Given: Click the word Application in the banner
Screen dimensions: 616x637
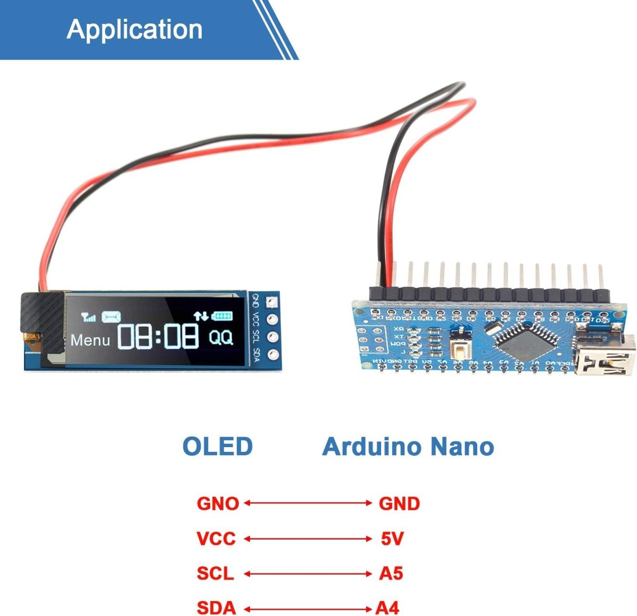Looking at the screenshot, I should point(135,29).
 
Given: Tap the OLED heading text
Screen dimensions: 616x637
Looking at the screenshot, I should point(218,447).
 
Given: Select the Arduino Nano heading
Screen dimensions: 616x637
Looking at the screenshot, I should point(408,447).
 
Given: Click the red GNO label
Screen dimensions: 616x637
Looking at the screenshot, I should point(218,503).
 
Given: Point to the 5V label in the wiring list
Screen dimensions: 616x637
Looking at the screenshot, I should point(392,539).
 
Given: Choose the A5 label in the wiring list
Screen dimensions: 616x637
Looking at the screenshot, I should point(391,574).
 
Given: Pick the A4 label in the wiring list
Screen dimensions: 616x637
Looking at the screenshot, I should point(388,608).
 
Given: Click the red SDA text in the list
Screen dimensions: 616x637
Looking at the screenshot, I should point(216,608).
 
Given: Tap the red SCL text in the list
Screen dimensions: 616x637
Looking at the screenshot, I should point(215,574).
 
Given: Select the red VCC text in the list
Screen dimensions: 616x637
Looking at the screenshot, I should point(216,539).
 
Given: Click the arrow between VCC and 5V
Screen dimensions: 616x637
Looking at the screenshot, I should point(308,539).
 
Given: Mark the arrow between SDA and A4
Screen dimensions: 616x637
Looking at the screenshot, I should point(308,608).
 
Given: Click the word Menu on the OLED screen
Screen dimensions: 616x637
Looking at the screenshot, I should point(90,340).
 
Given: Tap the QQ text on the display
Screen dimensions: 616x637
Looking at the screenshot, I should point(221,337).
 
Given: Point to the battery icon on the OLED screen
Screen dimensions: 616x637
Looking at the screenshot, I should point(222,316).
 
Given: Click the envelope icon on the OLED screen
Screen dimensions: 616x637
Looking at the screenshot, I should point(111,317).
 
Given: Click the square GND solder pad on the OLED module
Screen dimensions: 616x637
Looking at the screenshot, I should point(273,302).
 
